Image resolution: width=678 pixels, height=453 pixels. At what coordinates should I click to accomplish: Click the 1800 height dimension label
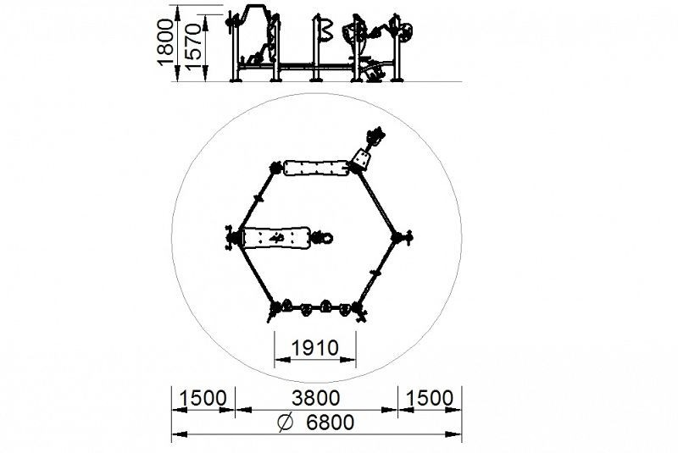165,42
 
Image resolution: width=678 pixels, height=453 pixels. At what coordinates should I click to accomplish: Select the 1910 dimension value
314,348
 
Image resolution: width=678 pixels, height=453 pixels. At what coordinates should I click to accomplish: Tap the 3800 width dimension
315,398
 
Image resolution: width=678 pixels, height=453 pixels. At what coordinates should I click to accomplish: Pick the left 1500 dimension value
203,398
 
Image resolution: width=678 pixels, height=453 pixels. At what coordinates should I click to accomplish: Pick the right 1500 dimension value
430,398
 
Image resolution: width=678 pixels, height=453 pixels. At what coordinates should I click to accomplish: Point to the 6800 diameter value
330,423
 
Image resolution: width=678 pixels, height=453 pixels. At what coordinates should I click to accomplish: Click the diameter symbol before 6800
285,423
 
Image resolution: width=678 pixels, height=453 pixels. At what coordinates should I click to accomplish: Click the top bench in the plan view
316,168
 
